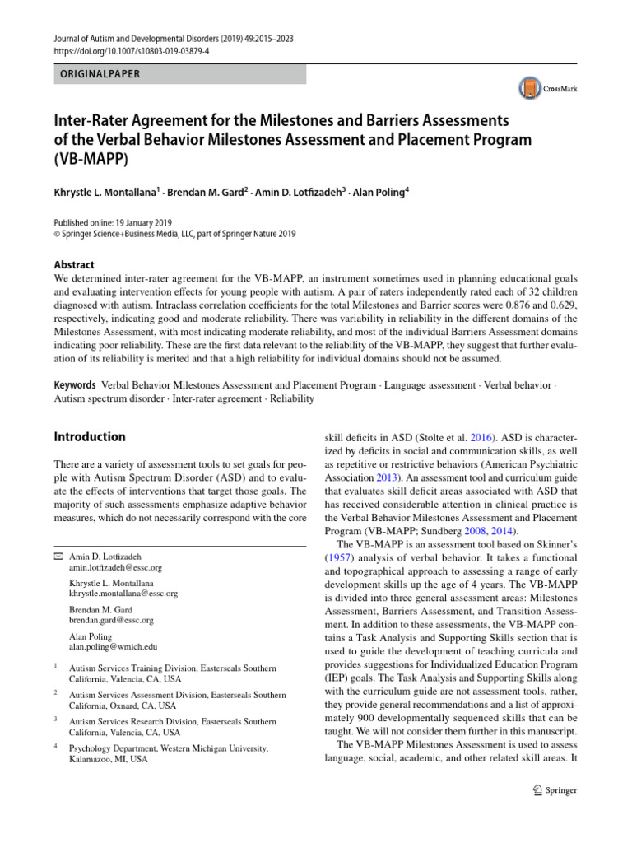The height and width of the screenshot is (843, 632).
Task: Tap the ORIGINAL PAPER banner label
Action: click(x=98, y=74)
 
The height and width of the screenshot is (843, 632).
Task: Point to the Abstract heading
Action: click(x=74, y=265)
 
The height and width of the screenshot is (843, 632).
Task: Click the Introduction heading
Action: click(x=90, y=436)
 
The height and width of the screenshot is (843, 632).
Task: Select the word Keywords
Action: click(x=73, y=384)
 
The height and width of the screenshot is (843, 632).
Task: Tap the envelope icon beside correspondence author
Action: click(x=58, y=557)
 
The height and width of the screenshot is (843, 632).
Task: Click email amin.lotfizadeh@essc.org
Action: click(x=116, y=568)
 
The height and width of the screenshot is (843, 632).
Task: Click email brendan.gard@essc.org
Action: click(x=111, y=620)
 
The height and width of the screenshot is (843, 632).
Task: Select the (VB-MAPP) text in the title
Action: click(x=91, y=161)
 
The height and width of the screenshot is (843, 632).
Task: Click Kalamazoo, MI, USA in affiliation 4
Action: click(x=109, y=760)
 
